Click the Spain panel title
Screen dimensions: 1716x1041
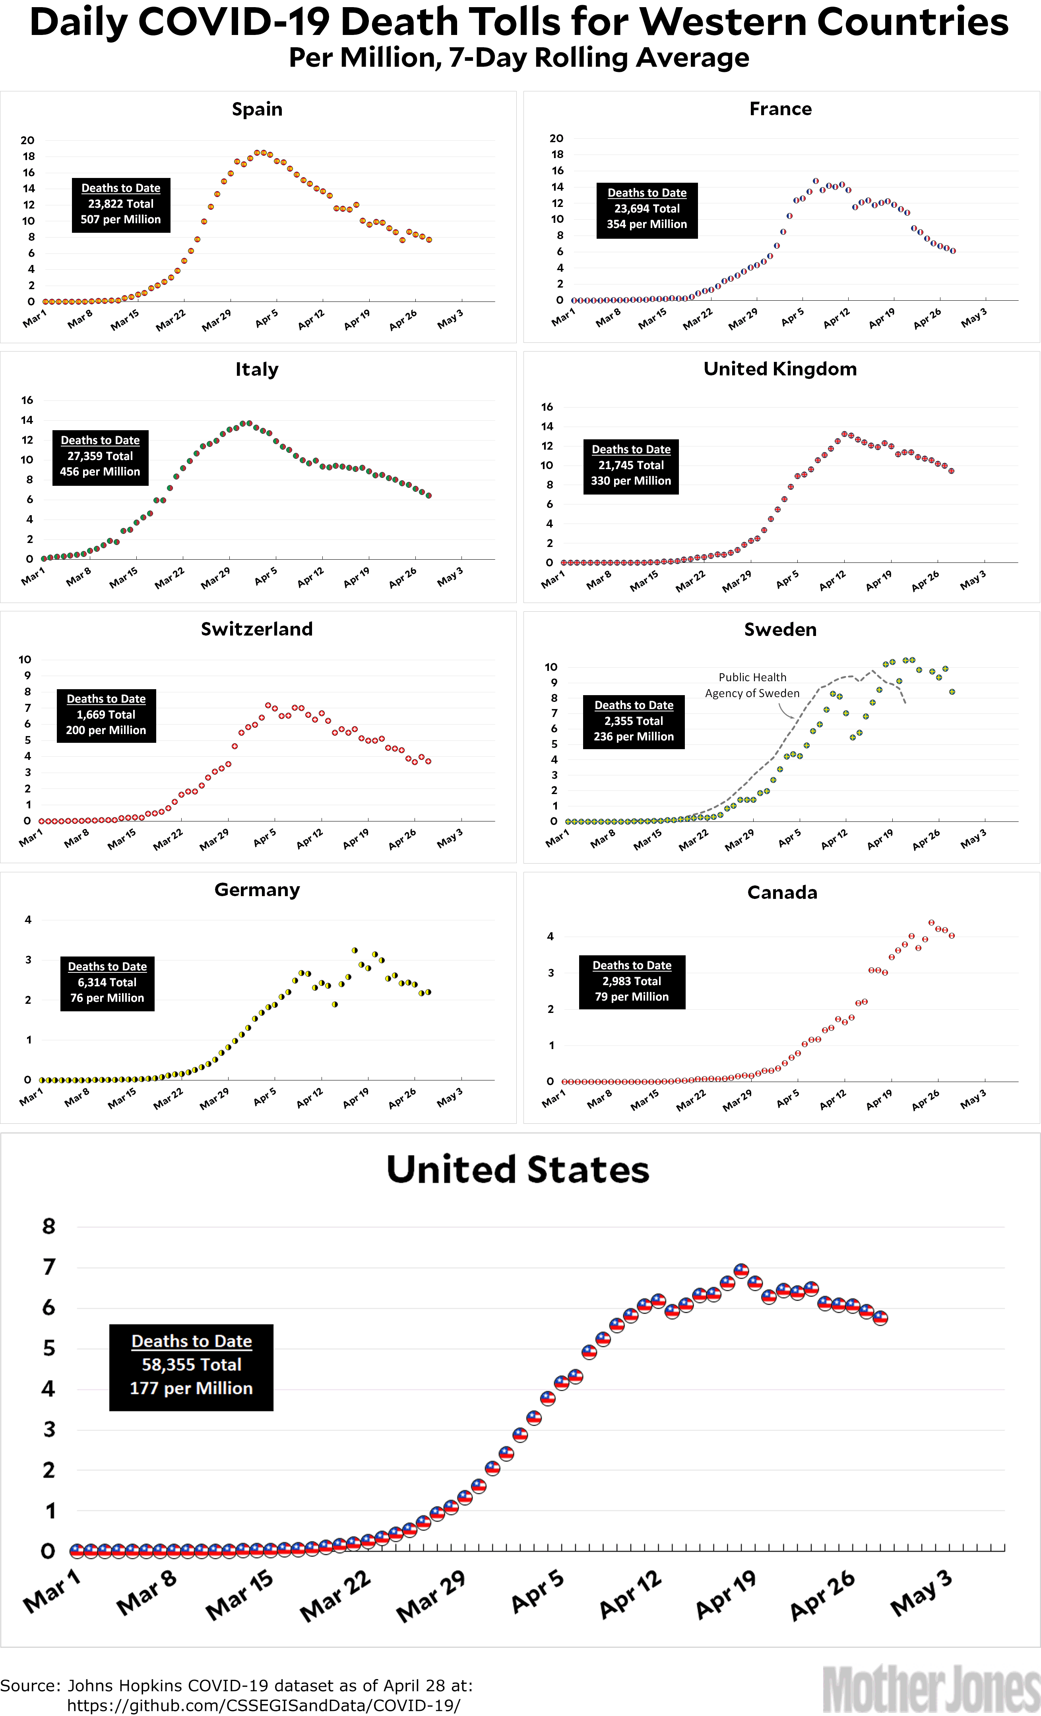(x=257, y=109)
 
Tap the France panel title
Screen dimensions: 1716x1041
(x=780, y=109)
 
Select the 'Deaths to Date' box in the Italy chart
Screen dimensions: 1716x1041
(x=100, y=456)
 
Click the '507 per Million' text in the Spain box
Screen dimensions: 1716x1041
(x=120, y=219)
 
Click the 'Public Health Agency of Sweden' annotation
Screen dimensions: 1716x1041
(x=752, y=685)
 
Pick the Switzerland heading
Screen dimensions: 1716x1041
(x=257, y=629)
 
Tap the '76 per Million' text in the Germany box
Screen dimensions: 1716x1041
(x=107, y=998)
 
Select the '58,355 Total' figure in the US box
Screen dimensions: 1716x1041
(x=192, y=1364)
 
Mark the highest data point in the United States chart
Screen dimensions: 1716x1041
(x=741, y=1271)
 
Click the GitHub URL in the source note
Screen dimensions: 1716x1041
(x=264, y=1706)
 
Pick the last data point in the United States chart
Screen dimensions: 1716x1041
(x=880, y=1318)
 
